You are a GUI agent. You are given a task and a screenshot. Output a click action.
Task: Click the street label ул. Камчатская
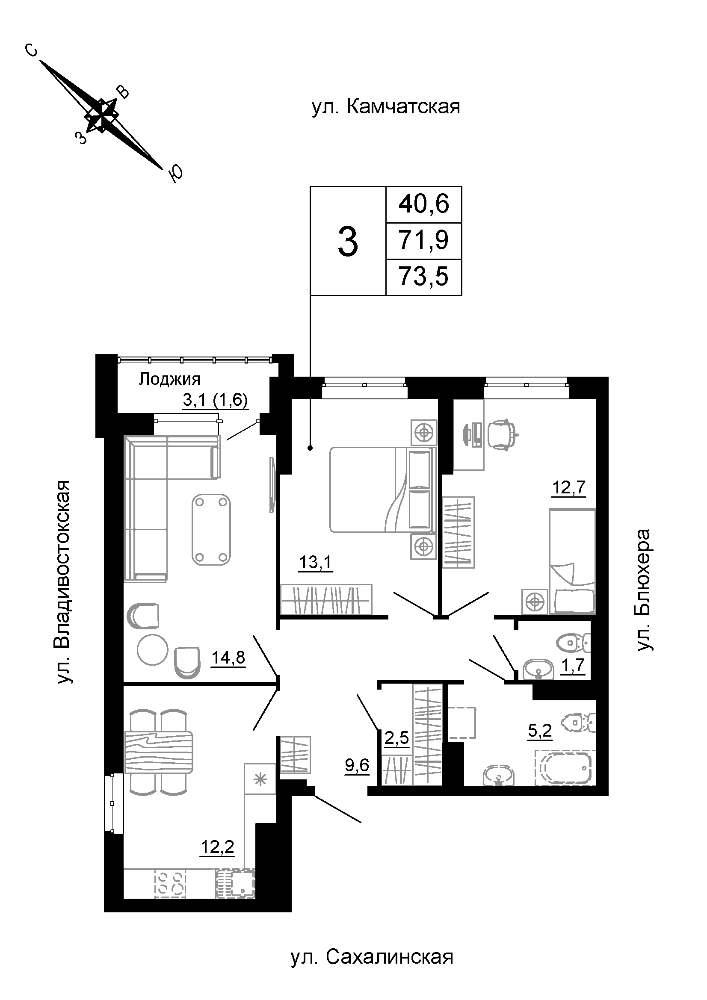point(386,106)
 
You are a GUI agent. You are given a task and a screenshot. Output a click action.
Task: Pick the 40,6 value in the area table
point(423,204)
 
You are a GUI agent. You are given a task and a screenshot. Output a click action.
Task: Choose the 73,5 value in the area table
point(423,277)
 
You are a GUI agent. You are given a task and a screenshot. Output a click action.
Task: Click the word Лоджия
point(169,379)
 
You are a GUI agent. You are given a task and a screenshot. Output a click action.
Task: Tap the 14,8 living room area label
point(228,657)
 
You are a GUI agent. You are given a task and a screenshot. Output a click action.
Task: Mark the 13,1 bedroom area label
point(315,562)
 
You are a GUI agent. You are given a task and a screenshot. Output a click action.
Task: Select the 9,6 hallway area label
point(357,765)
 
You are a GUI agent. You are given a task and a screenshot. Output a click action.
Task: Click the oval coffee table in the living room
point(211,529)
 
